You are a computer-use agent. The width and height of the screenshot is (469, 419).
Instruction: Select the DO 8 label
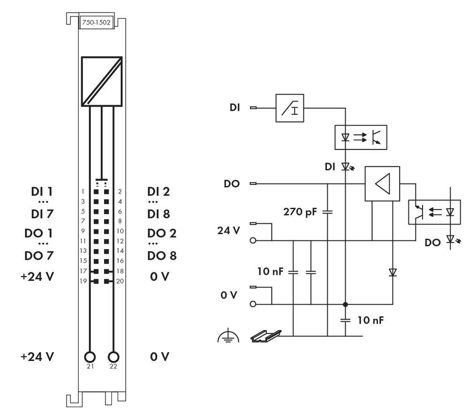[162, 256]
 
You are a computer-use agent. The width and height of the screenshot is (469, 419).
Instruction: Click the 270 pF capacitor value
[300, 211]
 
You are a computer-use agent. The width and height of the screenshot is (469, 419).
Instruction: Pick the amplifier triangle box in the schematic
[382, 184]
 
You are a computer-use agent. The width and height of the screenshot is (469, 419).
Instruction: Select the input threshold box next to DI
[289, 108]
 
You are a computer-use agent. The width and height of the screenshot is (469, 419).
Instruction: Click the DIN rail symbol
[266, 335]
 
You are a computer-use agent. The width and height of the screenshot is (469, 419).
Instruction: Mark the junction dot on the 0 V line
[345, 304]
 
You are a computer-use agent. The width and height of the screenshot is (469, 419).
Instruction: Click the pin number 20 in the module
[120, 281]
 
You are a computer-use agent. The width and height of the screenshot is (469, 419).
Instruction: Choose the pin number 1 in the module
[83, 191]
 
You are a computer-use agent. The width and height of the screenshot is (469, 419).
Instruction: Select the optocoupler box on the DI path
[361, 137]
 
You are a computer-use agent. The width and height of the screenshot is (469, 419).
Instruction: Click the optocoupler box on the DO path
[434, 212]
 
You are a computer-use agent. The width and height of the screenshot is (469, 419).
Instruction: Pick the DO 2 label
[162, 233]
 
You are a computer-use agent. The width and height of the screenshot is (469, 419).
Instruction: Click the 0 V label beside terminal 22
[160, 357]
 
